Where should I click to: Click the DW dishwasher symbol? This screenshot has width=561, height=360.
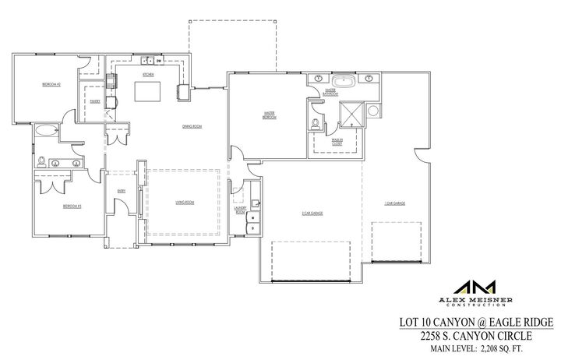pos(159,60)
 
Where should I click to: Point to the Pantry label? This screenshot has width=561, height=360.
pos(95,101)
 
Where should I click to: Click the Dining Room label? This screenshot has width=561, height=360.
pos(192,125)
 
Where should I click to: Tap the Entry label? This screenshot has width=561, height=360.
pos(122,190)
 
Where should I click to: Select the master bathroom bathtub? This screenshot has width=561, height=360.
pos(344,80)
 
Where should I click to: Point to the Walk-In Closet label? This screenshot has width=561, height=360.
pos(337,141)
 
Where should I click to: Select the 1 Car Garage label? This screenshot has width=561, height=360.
pos(393,204)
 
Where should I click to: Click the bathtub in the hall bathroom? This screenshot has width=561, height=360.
pos(47,130)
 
